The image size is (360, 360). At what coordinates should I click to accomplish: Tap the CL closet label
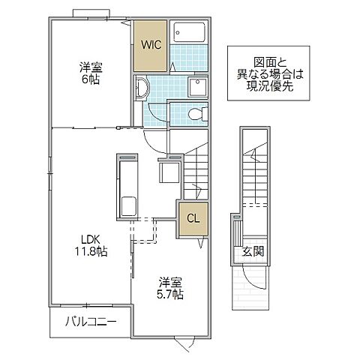[191, 220]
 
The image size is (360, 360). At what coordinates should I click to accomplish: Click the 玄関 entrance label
[251, 251]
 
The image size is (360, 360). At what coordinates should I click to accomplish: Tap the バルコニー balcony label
[89, 324]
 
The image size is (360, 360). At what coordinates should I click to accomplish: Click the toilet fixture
[194, 115]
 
